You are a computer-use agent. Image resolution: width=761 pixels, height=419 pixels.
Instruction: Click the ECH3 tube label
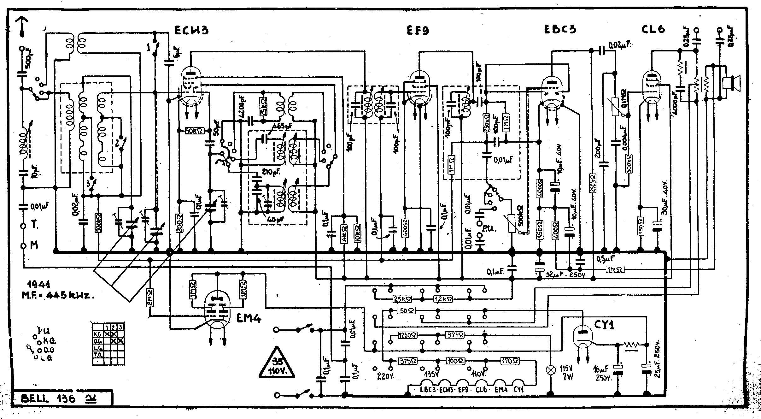pyautogui.click(x=191, y=30)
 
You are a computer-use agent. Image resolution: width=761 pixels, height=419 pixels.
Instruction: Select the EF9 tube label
pyautogui.click(x=418, y=30)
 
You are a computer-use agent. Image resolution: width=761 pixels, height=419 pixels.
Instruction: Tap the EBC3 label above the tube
pyautogui.click(x=560, y=29)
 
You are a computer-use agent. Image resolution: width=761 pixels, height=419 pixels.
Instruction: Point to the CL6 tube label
pyautogui.click(x=653, y=29)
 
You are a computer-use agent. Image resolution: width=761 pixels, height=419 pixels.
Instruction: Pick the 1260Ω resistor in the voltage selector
pyautogui.click(x=406, y=335)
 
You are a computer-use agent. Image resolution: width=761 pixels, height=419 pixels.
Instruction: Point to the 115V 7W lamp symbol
pyautogui.click(x=551, y=370)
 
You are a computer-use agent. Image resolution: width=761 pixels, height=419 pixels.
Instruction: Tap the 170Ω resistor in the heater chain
pyautogui.click(x=510, y=360)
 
